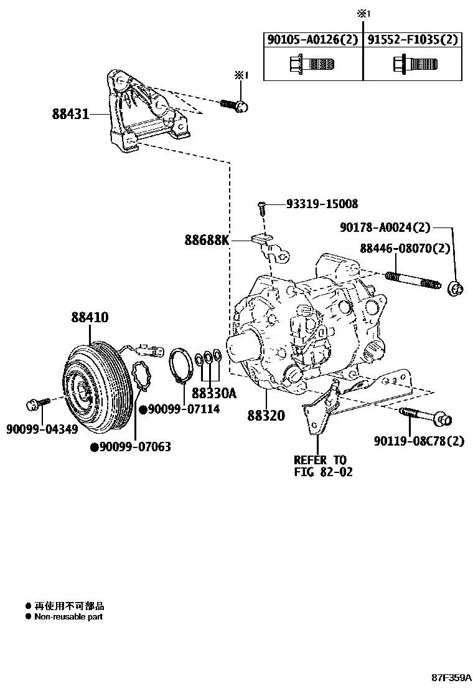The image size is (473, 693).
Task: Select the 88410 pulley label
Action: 89,318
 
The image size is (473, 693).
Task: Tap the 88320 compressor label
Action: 266,415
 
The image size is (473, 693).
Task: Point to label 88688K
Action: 206,239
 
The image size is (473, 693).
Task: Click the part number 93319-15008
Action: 322,204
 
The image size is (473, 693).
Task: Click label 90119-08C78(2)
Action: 419,441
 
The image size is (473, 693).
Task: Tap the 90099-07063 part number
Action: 135,447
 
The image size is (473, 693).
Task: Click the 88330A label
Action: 214,393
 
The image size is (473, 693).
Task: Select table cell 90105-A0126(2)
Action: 312,41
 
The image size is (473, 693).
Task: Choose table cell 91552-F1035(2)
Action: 411,41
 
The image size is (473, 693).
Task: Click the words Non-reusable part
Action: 68,616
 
